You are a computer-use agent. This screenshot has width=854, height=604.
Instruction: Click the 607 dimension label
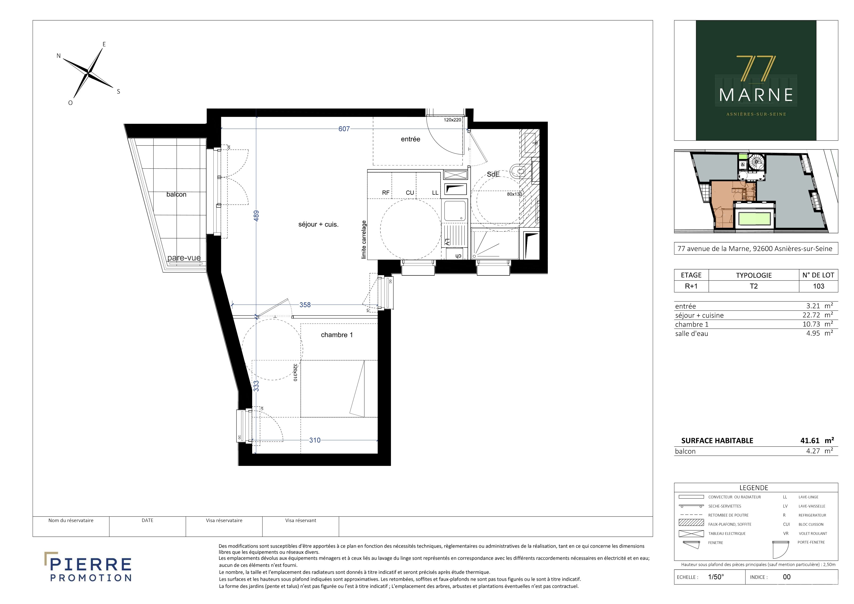(344, 129)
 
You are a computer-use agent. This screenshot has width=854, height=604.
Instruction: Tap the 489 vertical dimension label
(256, 216)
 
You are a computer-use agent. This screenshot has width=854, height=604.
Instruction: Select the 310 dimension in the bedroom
(315, 440)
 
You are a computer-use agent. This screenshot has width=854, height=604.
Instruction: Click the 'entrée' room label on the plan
(411, 139)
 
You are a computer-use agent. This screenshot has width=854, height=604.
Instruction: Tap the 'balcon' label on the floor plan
(176, 194)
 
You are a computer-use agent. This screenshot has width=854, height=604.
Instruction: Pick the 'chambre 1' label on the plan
(337, 335)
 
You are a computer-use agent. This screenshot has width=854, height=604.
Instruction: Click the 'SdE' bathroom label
(493, 174)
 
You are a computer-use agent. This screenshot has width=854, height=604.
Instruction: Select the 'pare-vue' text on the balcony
(184, 258)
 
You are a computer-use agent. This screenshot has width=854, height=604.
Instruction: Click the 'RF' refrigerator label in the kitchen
(386, 193)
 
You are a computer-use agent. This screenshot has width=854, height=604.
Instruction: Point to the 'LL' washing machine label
(435, 193)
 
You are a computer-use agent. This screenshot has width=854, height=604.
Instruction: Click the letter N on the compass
(58, 56)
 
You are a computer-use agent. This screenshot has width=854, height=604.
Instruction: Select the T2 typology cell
(754, 286)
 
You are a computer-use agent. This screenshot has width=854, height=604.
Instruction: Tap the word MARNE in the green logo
(756, 95)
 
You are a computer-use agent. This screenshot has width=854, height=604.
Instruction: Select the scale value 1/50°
(716, 577)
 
